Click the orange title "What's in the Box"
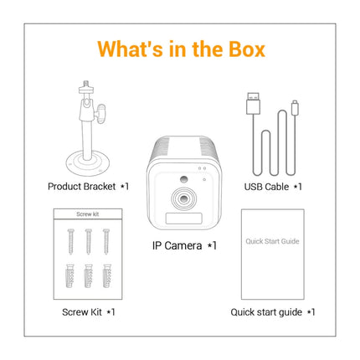coord(180,49)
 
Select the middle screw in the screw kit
coord(87,244)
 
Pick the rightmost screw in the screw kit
coord(105,244)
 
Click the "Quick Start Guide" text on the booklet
coord(271,241)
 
